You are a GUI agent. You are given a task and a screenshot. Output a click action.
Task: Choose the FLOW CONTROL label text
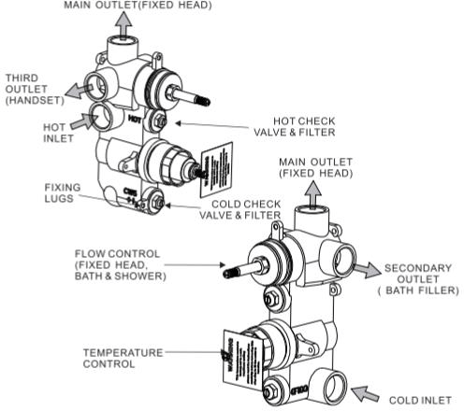coord(121,265)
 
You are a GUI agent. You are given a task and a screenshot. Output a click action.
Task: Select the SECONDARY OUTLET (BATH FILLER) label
coord(419,279)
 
